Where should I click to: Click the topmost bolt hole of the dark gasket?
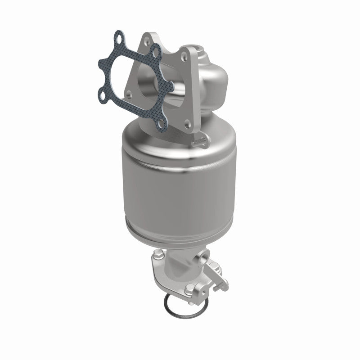pos(118,38)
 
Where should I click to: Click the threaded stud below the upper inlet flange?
pos(196,143)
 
